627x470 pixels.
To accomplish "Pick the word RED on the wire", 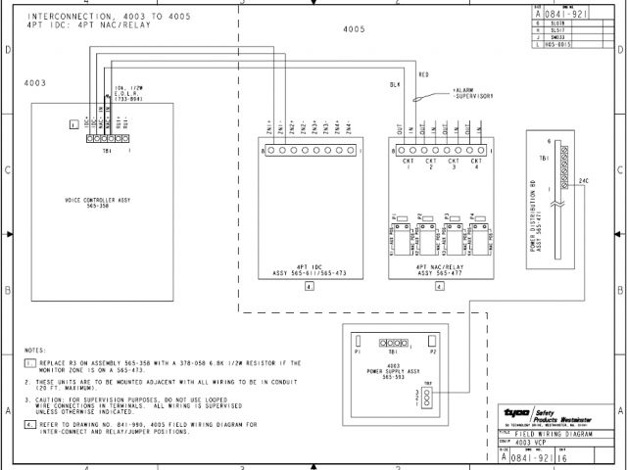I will point(423,74).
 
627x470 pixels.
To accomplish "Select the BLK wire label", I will point(395,86).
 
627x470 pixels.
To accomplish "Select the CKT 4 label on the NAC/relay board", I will point(476,163).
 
